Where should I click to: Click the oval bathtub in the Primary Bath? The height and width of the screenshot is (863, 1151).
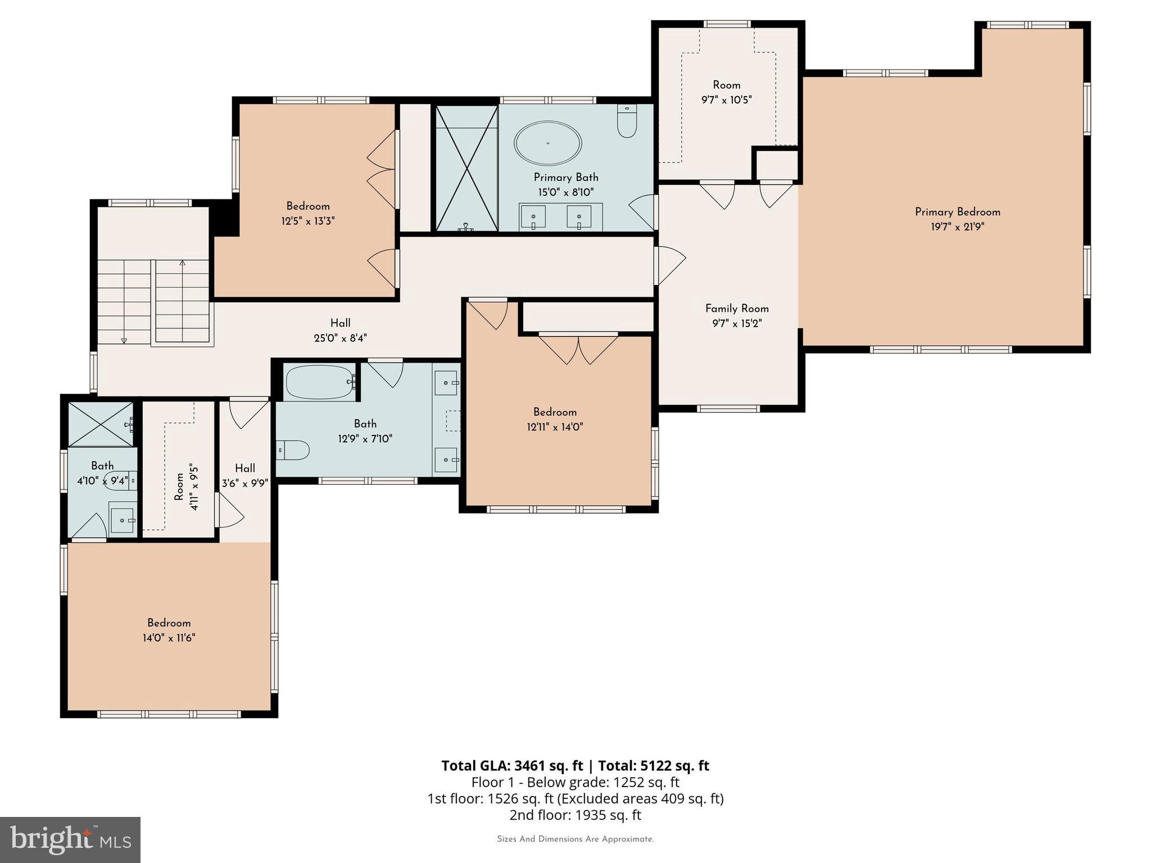pos(547,143)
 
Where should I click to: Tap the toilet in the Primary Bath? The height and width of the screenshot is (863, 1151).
pos(627,122)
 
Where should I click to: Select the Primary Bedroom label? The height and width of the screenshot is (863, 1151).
pos(957,212)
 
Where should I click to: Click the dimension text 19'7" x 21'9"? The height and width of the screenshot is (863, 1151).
pos(957,227)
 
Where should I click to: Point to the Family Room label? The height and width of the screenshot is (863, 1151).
pos(737,308)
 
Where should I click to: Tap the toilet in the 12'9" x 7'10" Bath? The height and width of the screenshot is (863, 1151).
pos(293,450)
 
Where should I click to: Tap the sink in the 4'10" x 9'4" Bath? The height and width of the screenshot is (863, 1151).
pos(123,520)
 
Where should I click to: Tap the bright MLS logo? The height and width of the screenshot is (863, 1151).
pos(70,839)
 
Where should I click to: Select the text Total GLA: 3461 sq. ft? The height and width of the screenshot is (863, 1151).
pos(512,766)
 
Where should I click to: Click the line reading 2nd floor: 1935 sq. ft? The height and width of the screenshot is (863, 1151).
pos(575,815)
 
